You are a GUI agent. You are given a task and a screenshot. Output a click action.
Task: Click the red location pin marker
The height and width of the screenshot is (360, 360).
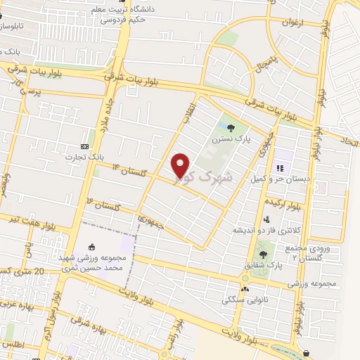[x=181, y=165]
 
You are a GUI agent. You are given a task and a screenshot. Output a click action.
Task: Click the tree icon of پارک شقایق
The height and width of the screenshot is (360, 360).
[x=263, y=253]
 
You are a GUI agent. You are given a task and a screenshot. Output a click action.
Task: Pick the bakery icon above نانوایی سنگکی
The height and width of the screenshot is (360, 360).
[x=245, y=288]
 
